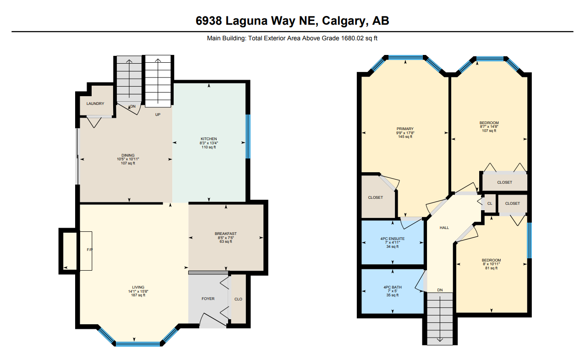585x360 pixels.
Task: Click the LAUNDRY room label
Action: pos(95,104)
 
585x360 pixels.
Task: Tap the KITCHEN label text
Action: pos(209,139)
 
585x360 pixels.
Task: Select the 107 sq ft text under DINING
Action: pos(128,164)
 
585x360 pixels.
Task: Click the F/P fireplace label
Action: pos(90,250)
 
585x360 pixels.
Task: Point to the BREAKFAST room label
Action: pos(226,234)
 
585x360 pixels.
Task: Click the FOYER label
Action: pos(208,299)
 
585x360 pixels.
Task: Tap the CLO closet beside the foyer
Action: pos(238,299)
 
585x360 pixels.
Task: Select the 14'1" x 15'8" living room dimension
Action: pos(138,291)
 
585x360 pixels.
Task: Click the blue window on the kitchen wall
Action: pos(248,136)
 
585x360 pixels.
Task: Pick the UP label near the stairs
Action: pos(158,115)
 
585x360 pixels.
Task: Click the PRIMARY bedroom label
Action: pos(405,129)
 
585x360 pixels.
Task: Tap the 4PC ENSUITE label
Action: pos(392,239)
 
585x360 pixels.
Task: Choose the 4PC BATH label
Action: pos(393,287)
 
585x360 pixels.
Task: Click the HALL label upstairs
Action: pos(444,228)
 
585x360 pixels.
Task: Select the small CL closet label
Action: pos(490,203)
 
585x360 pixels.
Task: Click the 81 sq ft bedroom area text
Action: pos(491,268)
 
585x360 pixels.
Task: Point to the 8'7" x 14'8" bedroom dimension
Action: pos(489,126)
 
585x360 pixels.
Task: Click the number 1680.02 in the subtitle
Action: pos(352,38)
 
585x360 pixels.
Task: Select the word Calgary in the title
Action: pos(343,21)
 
